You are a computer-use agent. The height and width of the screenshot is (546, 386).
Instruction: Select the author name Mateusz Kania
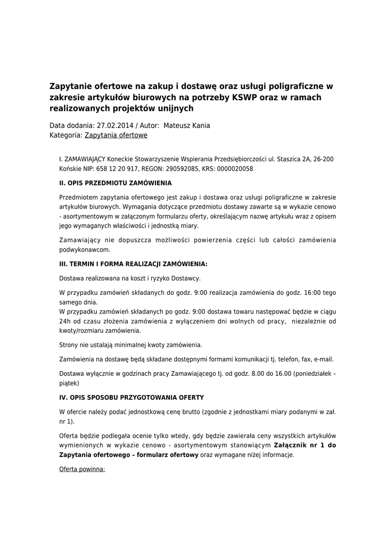coord(187,126)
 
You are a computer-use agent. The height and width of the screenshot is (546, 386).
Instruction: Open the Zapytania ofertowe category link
coord(116,135)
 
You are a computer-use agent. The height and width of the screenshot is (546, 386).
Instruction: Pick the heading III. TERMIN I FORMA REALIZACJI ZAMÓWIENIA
coord(133,264)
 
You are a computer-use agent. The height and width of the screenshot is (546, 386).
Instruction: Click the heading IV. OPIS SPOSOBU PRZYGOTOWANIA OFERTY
coord(132,398)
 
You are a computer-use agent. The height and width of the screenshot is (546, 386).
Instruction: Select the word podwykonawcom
coord(85,250)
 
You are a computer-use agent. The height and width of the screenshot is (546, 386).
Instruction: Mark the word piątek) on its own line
coord(69,383)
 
